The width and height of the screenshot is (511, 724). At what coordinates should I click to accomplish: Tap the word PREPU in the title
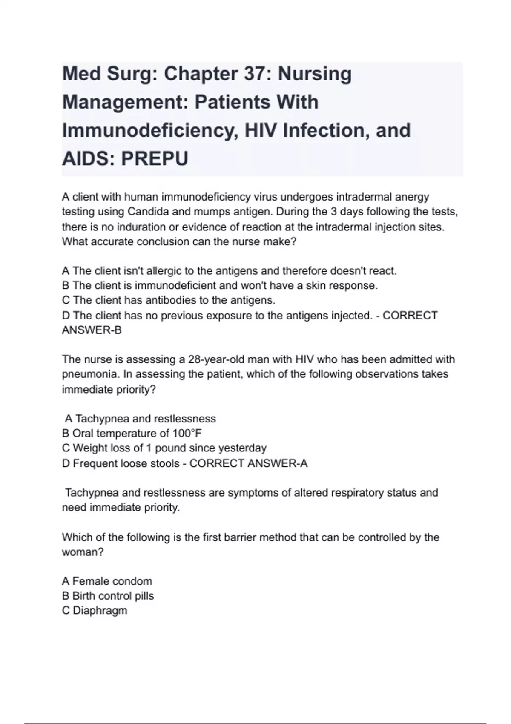tap(155, 159)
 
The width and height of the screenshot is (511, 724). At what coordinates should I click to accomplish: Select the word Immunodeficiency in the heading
tap(150, 130)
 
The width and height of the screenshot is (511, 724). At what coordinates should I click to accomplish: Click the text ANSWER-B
tap(92, 330)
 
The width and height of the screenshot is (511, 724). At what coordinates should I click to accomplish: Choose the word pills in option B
tap(144, 596)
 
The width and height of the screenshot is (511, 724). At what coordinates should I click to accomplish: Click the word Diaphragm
tap(100, 611)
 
